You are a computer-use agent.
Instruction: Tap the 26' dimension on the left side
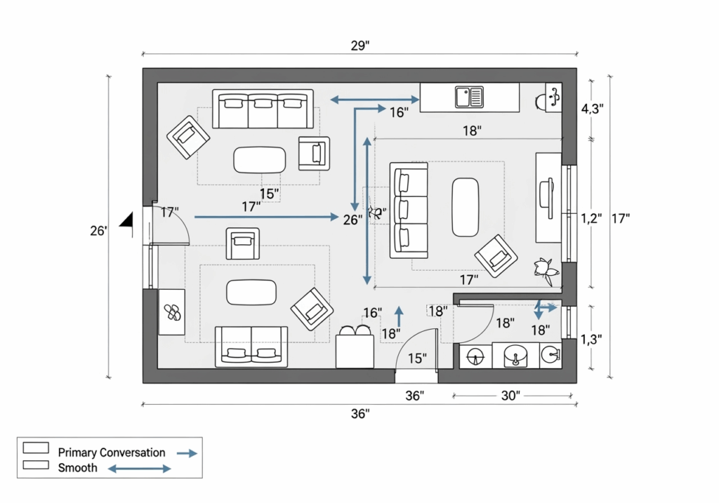[x=98, y=229]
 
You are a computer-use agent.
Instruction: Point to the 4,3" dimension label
[x=592, y=109]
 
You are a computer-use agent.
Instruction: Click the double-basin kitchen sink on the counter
[x=469, y=97]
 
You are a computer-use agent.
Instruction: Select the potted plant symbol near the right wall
[x=543, y=270]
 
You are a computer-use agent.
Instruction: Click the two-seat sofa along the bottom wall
[x=251, y=347]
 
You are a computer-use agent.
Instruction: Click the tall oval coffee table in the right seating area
[x=466, y=206]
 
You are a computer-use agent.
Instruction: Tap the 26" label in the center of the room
[x=352, y=219]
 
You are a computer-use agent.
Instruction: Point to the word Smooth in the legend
[x=78, y=467]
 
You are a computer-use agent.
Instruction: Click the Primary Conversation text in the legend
[x=112, y=452]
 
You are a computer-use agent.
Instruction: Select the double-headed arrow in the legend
[x=138, y=468]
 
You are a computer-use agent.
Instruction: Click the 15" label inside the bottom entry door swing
[x=417, y=358]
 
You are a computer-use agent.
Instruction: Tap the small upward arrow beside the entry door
[x=400, y=312]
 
